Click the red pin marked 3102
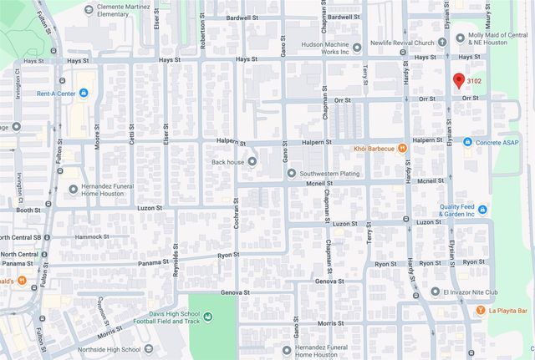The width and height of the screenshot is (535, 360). coord(458,81)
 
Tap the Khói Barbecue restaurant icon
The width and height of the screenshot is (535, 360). coord(402,149)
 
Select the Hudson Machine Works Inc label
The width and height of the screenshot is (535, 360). coord(319,48)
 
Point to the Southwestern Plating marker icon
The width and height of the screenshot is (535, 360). coord(291,174)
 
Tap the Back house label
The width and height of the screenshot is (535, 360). coord(227,161)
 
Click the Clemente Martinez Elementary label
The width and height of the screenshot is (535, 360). coord(125,9)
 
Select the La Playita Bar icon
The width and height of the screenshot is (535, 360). coord(480,311)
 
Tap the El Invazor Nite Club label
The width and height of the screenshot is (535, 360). coord(469,292)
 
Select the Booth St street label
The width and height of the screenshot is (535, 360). coord(28,210)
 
